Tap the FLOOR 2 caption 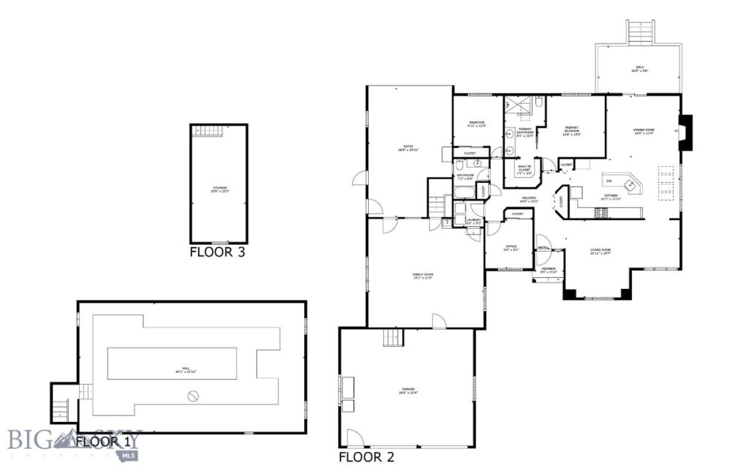coord(367,458)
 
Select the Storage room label coord(219,189)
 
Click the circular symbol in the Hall coord(194,396)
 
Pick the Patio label coord(407,148)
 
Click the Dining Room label coord(644,132)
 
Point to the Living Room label coord(601,252)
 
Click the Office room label coord(511,247)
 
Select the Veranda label coord(549,270)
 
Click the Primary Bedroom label coord(571,132)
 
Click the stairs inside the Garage coord(393,338)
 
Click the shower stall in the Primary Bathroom coord(522,110)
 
